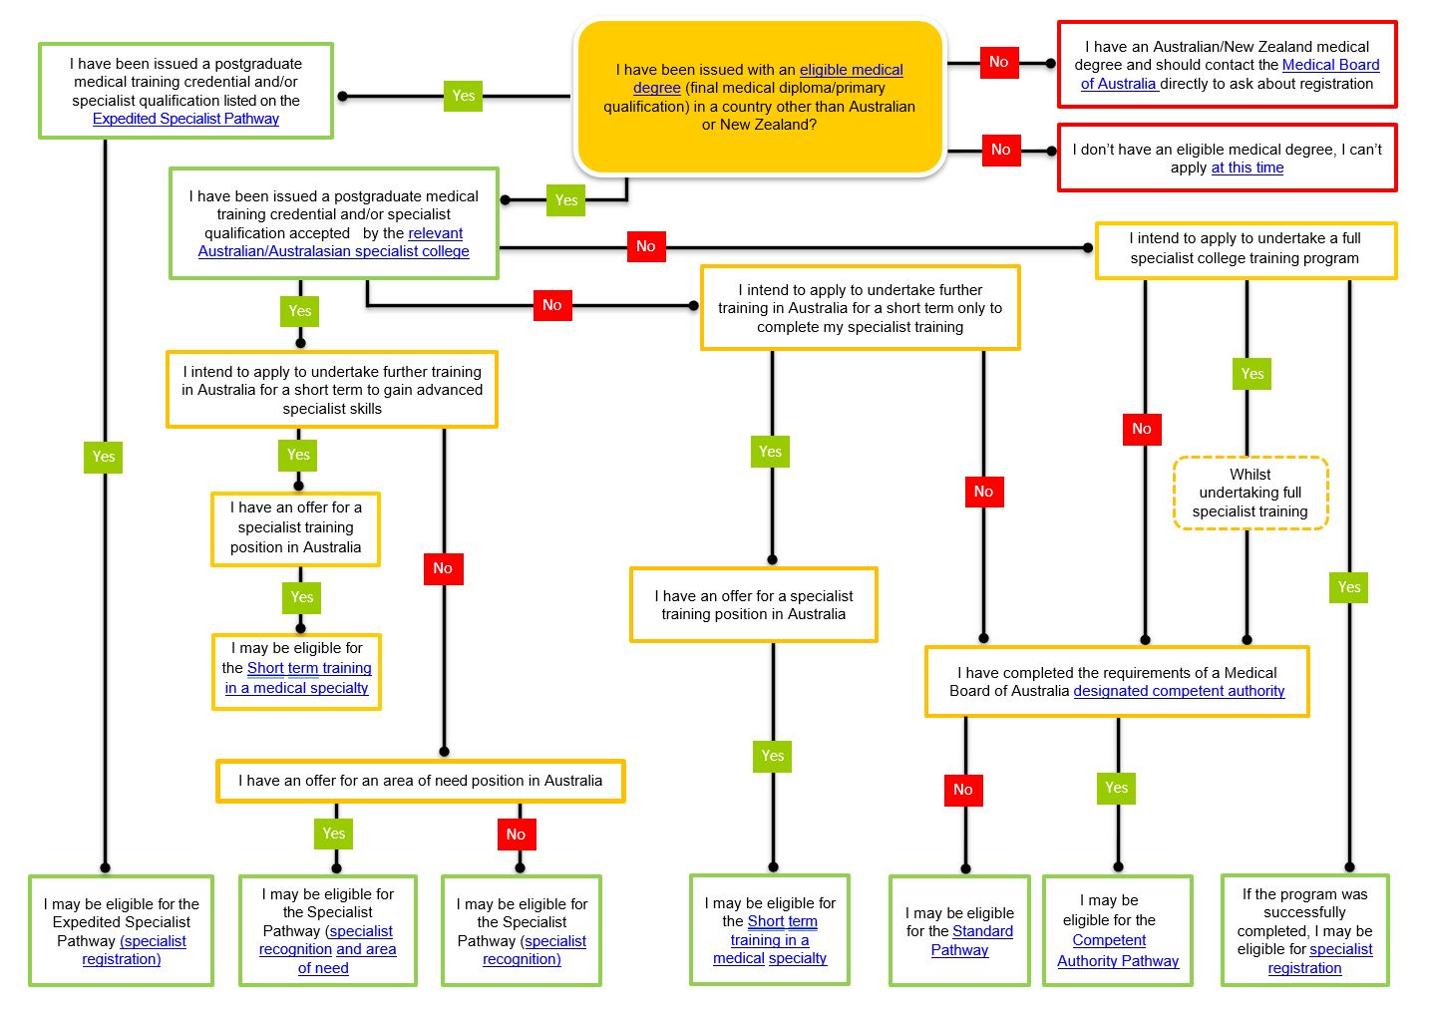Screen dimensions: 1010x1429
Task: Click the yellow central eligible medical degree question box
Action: click(759, 97)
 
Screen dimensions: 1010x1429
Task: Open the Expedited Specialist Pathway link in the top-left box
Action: click(185, 119)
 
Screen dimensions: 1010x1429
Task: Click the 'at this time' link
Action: click(1247, 168)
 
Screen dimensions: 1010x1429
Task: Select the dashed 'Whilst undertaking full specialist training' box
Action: click(1250, 493)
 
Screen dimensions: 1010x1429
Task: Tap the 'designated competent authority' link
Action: click(1179, 691)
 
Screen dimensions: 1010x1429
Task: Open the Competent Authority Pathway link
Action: click(1117, 951)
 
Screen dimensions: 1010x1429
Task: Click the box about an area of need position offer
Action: click(420, 781)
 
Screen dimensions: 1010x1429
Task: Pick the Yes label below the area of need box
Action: click(334, 834)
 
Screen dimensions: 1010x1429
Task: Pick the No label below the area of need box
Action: click(516, 835)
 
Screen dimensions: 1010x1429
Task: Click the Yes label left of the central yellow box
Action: click(464, 96)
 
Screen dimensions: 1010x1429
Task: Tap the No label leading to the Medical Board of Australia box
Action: click(998, 62)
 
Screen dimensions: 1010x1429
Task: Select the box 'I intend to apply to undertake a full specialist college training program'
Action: click(1245, 249)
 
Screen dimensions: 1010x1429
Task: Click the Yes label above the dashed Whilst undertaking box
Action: click(1251, 374)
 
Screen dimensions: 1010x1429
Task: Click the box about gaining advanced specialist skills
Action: click(331, 390)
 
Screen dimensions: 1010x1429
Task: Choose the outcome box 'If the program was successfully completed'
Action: click(1304, 930)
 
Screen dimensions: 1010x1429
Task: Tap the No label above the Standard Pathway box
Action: click(962, 790)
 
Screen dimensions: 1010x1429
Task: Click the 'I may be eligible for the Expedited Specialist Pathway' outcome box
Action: click(121, 931)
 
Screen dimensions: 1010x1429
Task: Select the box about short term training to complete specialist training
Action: click(860, 308)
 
